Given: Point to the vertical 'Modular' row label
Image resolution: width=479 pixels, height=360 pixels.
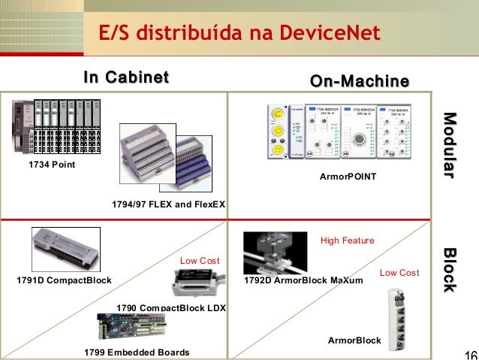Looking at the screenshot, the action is click(448, 145).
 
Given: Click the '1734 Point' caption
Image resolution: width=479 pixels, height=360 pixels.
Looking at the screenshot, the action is click(52, 164).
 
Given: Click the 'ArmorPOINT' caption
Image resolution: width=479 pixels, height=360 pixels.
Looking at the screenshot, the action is click(348, 174).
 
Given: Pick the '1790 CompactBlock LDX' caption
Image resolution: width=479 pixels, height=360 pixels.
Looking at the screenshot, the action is click(171, 307).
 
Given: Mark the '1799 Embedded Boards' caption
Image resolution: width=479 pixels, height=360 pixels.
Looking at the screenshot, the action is click(137, 352).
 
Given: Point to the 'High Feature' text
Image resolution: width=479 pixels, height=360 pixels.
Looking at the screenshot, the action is click(347, 241).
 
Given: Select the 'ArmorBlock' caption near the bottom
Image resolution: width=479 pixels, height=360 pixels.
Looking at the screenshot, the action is click(354, 341).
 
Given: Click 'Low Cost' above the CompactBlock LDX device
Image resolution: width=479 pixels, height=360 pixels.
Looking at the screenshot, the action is click(200, 260).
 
